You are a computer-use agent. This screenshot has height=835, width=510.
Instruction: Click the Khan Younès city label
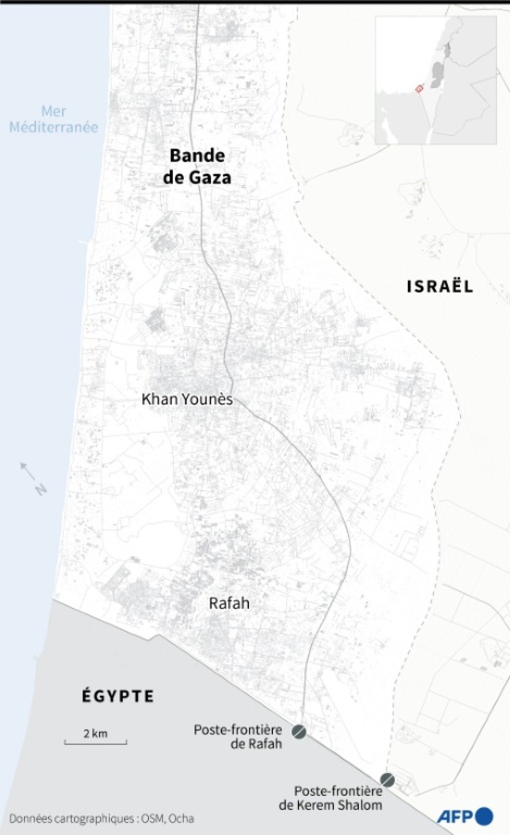tap(187, 399)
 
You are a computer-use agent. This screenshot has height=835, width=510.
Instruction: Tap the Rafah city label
tap(229, 603)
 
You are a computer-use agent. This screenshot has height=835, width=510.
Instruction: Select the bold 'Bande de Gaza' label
tap(197, 167)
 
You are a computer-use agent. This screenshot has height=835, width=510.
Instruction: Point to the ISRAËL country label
tap(440, 287)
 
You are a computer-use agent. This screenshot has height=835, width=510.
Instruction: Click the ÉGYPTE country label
tap(118, 696)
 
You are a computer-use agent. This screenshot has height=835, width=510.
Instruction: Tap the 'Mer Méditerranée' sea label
tap(54, 119)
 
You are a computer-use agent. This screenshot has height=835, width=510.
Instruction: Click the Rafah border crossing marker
tap(299, 732)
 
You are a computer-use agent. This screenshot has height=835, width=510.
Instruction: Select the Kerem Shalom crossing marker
tap(387, 779)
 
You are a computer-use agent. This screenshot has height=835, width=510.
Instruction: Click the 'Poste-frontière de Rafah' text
tap(238, 737)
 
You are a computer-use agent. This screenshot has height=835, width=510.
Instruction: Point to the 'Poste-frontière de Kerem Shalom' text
tap(331, 798)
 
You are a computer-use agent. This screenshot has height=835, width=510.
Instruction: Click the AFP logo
tap(465, 816)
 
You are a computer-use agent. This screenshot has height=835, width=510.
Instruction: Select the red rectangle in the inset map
tap(419, 88)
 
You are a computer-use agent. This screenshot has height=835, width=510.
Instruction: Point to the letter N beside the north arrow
tap(40, 489)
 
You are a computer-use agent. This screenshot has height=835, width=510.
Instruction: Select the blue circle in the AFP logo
tap(484, 816)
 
